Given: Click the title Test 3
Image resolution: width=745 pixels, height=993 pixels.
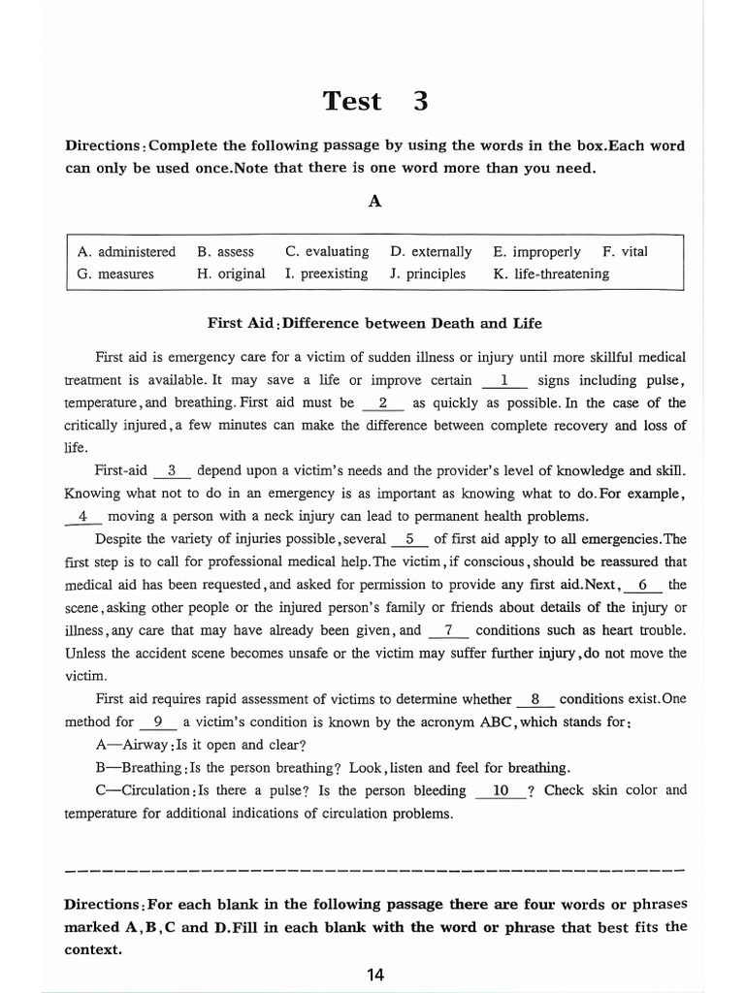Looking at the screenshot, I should point(374,101).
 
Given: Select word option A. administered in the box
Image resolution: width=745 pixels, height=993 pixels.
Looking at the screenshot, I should point(126,251).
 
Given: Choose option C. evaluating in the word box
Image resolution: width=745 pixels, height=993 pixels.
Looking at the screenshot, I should point(327,251).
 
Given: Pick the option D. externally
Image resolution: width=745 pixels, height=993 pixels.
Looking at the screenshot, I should point(431,251).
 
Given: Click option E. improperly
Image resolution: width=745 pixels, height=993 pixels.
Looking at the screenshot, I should point(536,251).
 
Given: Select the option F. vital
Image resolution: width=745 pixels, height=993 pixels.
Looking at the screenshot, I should point(625,251).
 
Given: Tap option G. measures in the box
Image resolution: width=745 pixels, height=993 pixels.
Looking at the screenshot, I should point(115,273).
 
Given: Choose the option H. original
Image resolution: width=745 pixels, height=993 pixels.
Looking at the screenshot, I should point(230,273).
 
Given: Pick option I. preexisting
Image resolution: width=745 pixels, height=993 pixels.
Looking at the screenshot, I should point(327,273).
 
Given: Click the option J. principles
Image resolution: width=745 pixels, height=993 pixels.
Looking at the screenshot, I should point(428,273).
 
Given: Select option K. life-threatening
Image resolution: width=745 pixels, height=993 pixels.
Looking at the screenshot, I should point(551,273).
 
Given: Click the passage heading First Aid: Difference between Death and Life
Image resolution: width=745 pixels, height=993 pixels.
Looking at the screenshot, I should point(374,323).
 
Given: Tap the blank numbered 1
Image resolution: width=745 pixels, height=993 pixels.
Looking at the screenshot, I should point(504,380).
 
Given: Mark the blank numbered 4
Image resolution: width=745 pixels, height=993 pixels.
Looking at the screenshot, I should point(83,516).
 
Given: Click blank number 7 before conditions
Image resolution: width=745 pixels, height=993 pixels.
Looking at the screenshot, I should point(448,629).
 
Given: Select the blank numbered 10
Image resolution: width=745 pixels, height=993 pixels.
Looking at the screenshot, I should point(501,790).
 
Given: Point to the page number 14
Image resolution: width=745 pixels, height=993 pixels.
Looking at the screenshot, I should point(375,975).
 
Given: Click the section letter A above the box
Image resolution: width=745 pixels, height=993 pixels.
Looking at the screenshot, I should point(374,201).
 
